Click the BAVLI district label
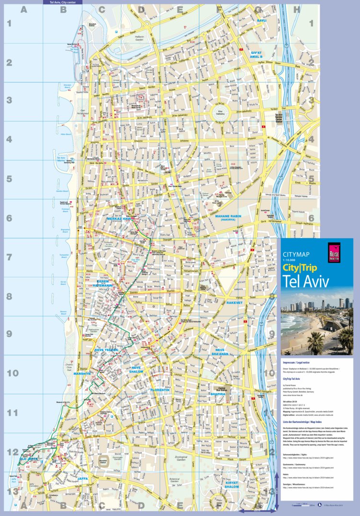click(x=262, y=21)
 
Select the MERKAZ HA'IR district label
click(x=119, y=218)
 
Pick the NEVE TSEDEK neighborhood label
click(x=106, y=350)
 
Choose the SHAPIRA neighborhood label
click(x=218, y=394)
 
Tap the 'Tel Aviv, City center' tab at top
click(x=62, y=2)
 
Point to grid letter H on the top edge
click(x=296, y=9)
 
